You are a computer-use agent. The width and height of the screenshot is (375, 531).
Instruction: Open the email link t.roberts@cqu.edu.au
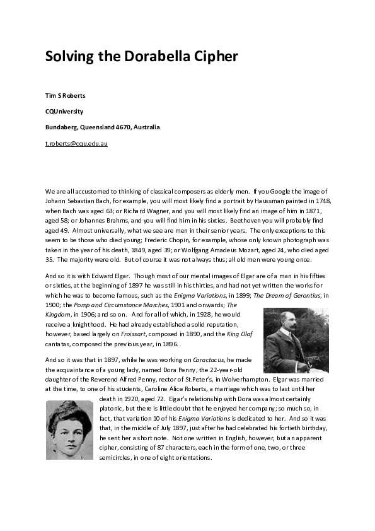coord(76,144)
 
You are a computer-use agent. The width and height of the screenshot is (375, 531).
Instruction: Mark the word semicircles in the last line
coord(118,458)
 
